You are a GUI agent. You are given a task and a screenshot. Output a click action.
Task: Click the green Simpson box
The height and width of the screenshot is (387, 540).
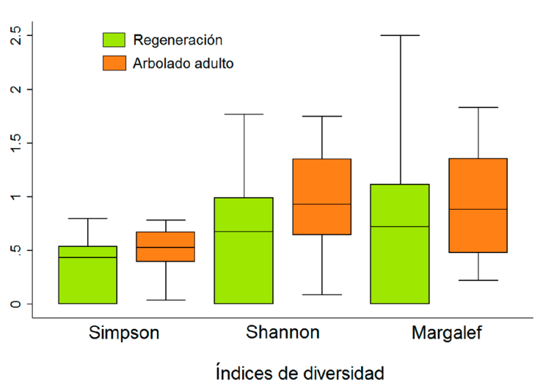87,275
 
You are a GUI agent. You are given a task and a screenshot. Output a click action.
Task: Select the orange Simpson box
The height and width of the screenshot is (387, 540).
166,246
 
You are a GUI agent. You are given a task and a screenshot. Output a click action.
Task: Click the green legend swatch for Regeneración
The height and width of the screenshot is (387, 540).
114,40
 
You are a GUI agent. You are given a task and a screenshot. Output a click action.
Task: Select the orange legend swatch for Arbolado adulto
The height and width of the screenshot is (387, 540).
114,63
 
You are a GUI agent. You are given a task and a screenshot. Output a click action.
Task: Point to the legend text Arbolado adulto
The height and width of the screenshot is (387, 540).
183,63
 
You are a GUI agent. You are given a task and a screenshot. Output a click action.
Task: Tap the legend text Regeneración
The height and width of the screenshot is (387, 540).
178,40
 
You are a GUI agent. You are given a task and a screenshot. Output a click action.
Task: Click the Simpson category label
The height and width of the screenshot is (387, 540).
124,333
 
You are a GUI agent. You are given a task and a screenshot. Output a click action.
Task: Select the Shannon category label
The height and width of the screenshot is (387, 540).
283,333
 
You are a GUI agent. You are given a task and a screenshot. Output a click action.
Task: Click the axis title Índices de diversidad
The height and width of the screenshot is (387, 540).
299,372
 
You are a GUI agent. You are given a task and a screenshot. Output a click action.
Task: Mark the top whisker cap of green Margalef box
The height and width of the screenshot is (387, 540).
400,35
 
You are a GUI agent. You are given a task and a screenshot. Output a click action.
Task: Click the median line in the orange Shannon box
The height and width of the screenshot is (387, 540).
322,204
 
